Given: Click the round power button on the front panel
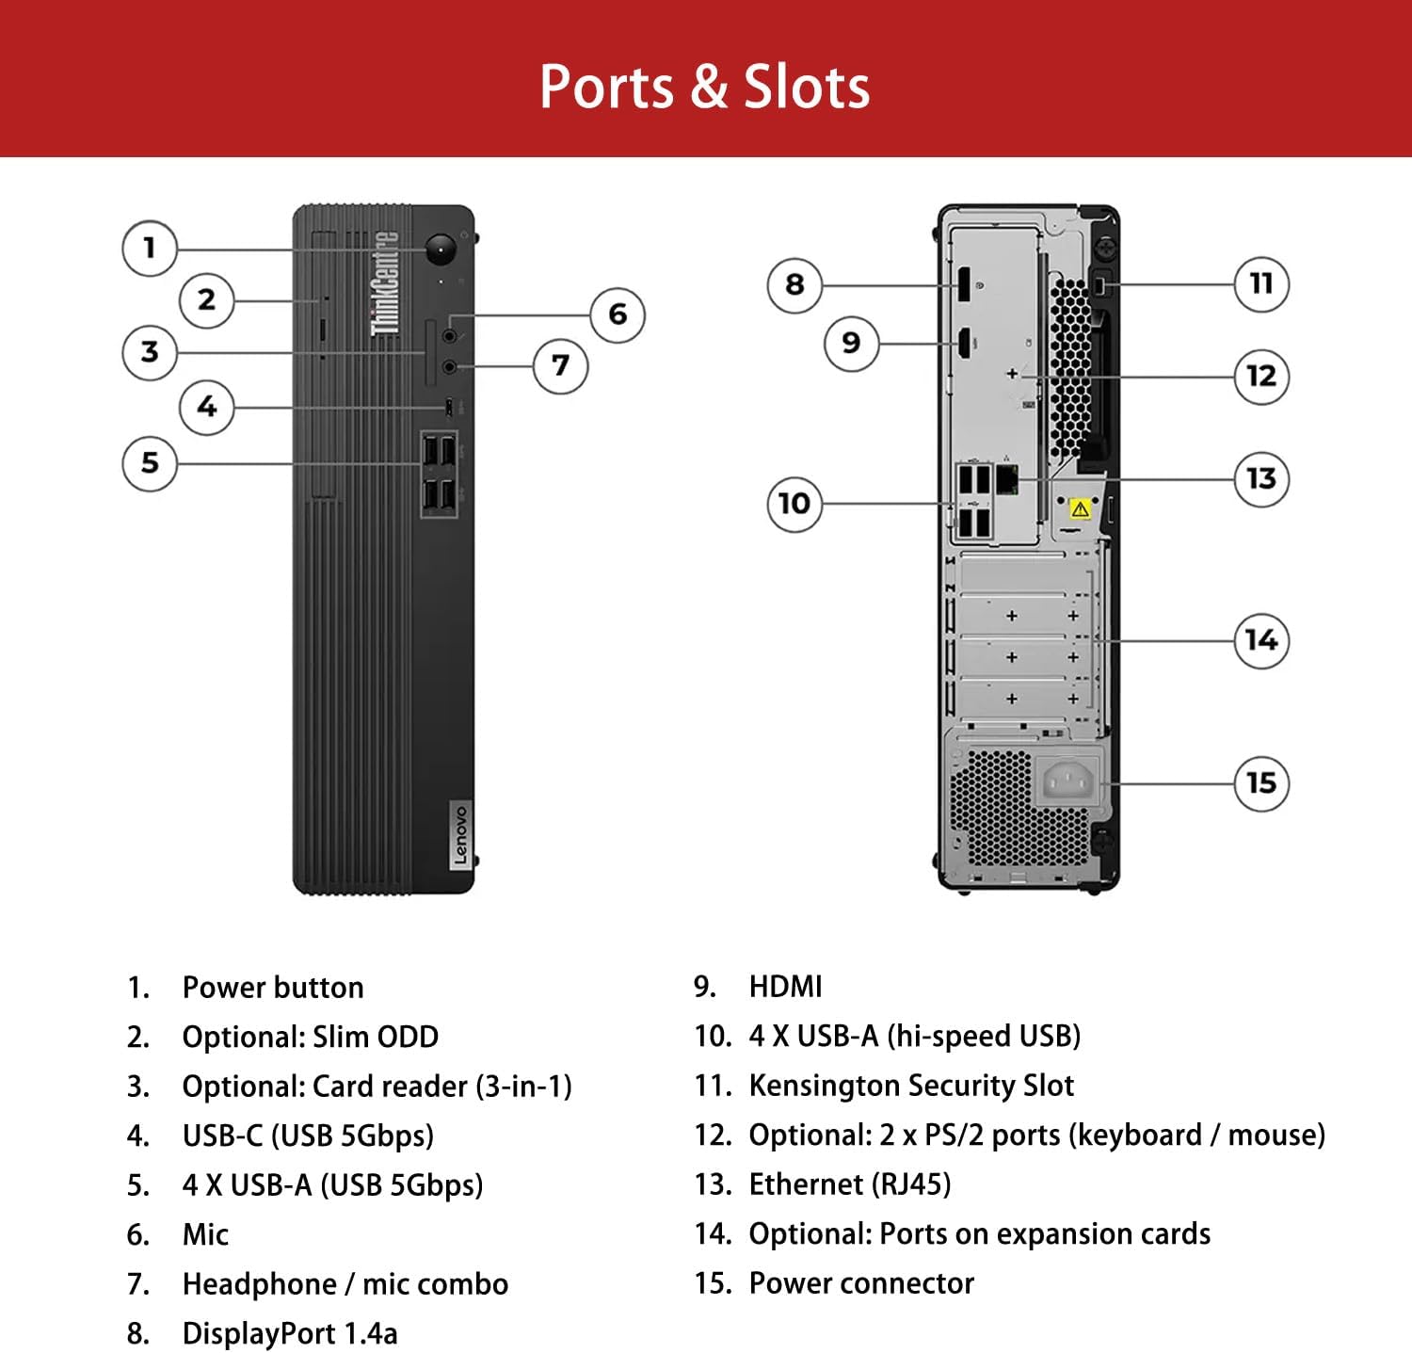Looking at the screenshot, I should (441, 250).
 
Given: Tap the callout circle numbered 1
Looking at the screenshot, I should (149, 249).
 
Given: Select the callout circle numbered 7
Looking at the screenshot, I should (560, 365).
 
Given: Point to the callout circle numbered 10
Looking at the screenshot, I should (794, 504).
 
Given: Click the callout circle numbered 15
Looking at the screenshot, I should (1260, 782).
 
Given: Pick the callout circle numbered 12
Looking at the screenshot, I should (1260, 377).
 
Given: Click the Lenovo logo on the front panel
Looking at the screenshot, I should (460, 834).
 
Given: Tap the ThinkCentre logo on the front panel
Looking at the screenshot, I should (385, 282).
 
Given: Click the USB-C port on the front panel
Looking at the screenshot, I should (449, 407).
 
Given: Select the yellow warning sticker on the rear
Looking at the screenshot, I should (1080, 509).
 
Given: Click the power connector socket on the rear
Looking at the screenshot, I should (1068, 781).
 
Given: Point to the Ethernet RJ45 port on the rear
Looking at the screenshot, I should (1006, 479).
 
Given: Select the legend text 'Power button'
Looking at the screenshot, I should (273, 988).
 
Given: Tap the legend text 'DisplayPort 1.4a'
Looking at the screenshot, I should (290, 1333).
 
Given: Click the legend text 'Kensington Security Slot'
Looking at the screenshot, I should (911, 1086).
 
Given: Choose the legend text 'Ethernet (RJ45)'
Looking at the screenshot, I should (849, 1184).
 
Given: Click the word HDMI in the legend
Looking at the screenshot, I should (785, 987).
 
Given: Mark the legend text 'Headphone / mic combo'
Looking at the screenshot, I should (345, 1284).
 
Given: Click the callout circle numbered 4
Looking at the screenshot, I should (206, 407).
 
